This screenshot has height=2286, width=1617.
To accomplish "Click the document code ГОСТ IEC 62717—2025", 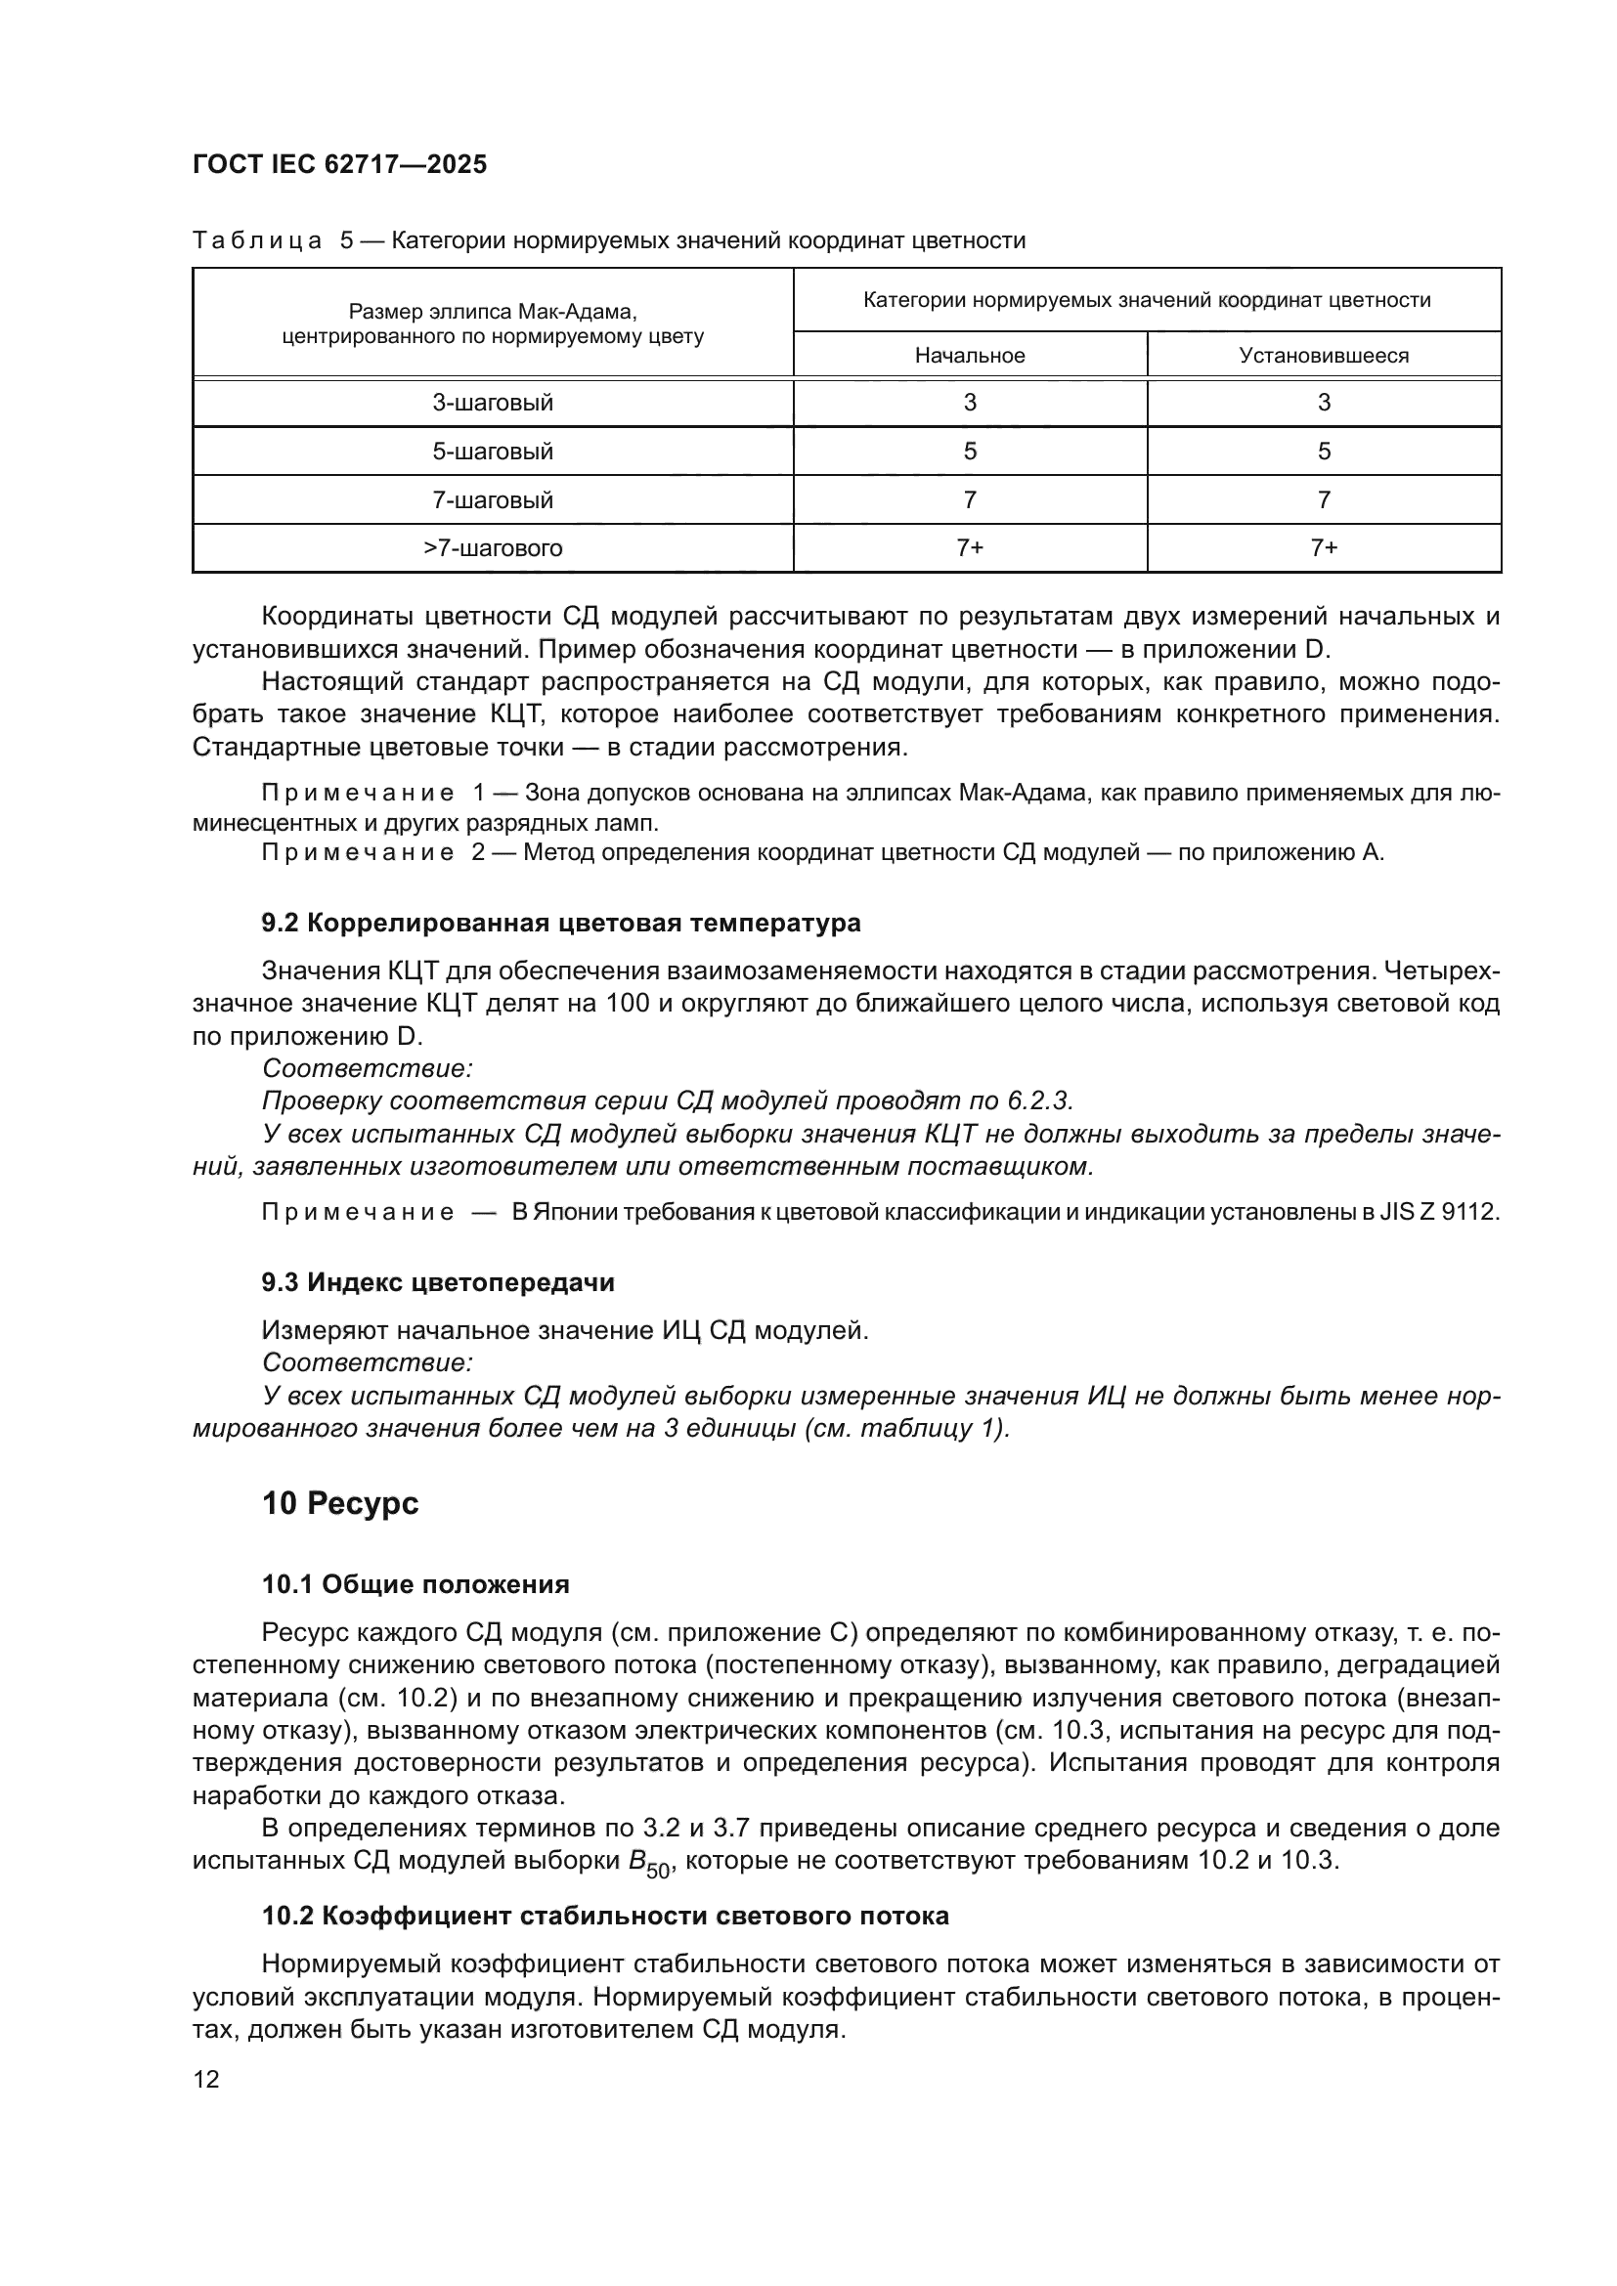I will [339, 165].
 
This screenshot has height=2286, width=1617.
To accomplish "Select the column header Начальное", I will [969, 356].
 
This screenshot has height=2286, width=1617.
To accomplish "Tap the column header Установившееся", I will [1324, 356].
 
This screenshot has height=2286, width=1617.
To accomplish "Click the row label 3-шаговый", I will [492, 404].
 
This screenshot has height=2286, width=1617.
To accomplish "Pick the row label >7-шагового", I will [492, 548].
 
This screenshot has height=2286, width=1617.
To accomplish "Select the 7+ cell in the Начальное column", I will [969, 548].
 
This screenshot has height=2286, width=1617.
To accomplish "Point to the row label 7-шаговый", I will [492, 499].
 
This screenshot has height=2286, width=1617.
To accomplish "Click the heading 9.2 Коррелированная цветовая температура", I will [560, 923].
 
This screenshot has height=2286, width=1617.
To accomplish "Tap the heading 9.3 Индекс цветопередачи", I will [438, 1282].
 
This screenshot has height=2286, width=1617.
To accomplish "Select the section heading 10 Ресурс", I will [339, 1503].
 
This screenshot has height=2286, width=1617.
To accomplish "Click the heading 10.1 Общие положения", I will [415, 1584].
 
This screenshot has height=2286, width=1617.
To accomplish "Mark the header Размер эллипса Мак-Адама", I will [492, 312].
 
